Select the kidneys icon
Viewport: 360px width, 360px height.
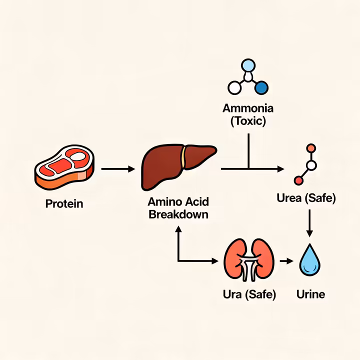coord(248,260)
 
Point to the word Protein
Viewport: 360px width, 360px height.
coord(64,204)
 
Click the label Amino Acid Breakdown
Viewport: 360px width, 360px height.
coord(178,208)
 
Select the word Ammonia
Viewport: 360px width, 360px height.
coord(248,108)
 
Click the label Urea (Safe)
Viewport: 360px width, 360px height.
coord(306,198)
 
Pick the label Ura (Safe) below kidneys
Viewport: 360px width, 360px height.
coord(249,294)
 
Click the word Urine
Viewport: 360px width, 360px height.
coord(310,294)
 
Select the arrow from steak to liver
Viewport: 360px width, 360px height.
coord(118,169)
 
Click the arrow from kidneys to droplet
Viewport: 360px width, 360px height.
coord(286,261)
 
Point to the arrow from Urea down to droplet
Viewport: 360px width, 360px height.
coord(309,223)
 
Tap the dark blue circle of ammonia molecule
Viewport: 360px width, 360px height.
coord(261,88)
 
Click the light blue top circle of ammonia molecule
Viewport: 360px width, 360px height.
coord(248,65)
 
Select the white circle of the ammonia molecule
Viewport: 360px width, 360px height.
coord(234,88)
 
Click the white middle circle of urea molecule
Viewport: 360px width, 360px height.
coord(311,164)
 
